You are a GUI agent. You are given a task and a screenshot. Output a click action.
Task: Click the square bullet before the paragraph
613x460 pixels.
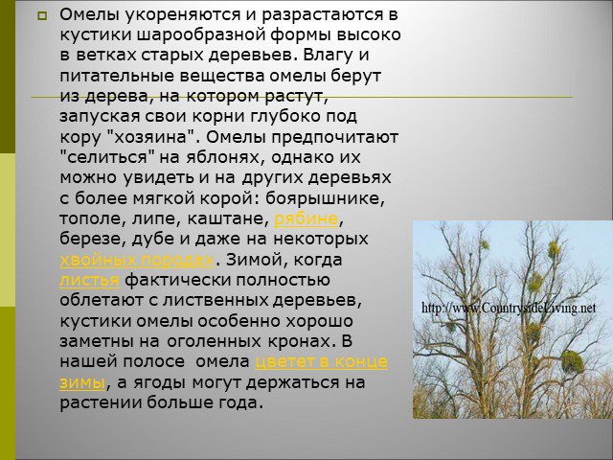[x=42, y=16]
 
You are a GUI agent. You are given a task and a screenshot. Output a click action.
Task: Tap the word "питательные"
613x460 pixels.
[x=117, y=76]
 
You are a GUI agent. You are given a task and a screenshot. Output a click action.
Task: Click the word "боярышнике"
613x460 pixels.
[x=325, y=198]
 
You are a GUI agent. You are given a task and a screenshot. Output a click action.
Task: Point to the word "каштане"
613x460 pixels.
[x=228, y=219]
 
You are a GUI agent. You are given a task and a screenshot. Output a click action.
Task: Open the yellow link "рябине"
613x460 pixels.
[x=306, y=219]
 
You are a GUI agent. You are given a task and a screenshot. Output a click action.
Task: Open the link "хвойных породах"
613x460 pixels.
[x=137, y=260]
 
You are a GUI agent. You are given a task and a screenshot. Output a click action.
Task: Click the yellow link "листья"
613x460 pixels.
[x=89, y=281]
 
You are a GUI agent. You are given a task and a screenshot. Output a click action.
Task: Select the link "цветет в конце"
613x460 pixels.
[x=321, y=362]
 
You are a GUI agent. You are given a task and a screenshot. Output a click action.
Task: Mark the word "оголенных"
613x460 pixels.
[x=214, y=341]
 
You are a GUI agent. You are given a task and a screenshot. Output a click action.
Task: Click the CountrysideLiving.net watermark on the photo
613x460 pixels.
[x=509, y=308]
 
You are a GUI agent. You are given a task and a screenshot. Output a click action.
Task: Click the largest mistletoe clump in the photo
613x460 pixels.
[x=573, y=361]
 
